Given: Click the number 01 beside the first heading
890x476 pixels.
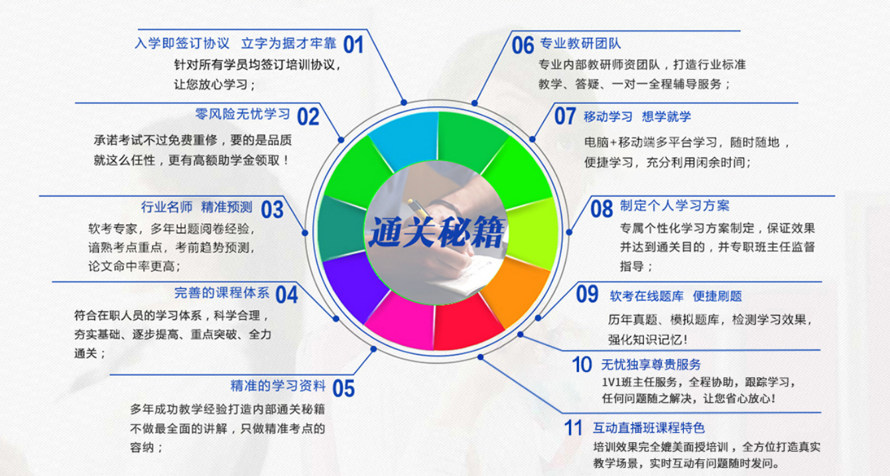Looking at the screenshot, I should click(353, 44).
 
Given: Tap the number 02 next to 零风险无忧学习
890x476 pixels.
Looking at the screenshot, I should click(308, 117).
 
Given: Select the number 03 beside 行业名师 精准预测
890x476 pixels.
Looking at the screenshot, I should click(272, 209).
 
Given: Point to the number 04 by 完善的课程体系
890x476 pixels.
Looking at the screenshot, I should click(286, 295).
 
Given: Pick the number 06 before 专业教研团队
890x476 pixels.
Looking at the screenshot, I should click(523, 45).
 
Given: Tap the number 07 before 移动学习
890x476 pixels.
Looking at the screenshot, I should click(565, 117).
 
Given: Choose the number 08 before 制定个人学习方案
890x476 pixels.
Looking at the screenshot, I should click(602, 209).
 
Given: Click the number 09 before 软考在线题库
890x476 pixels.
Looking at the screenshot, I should click(587, 294).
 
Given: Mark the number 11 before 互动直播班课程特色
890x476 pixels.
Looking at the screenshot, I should click(574, 428).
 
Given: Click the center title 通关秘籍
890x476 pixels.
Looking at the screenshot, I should click(436, 233).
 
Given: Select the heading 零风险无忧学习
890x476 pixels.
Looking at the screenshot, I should click(243, 114).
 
